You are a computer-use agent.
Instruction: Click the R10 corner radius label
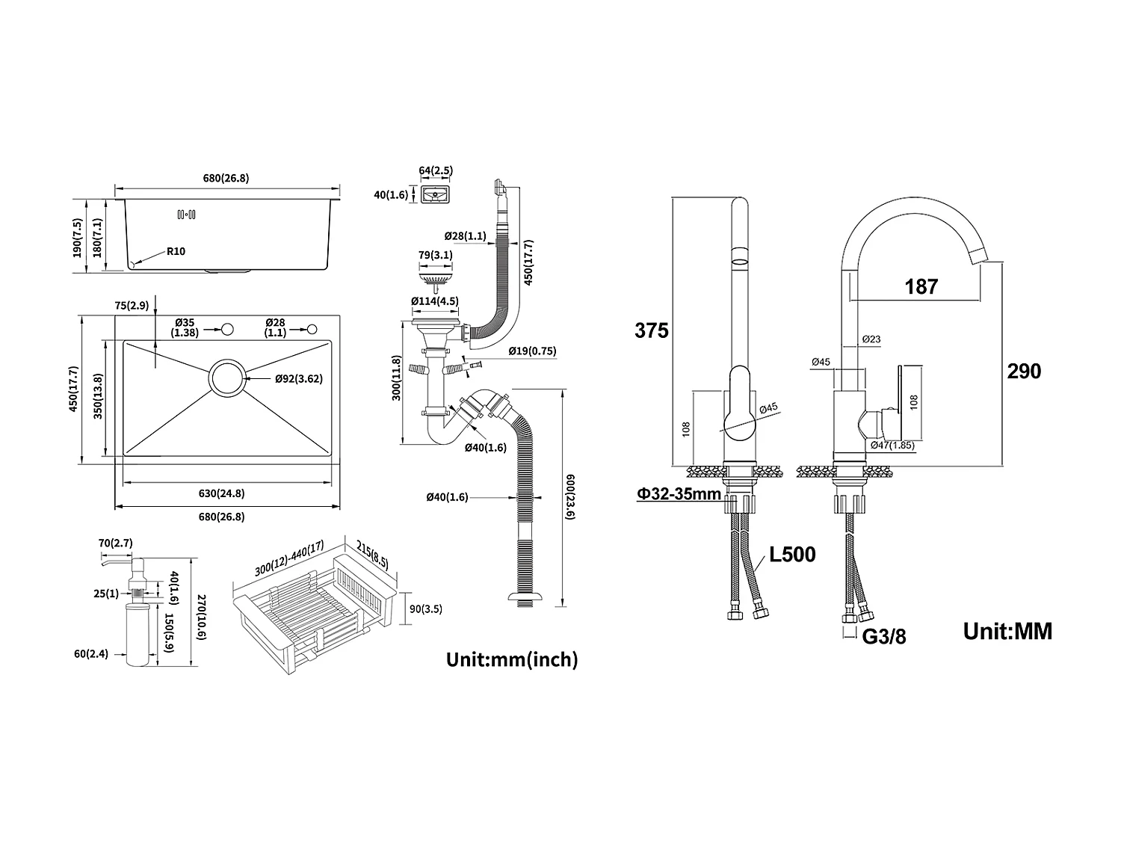[x=176, y=251]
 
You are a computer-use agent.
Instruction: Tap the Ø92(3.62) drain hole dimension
[x=298, y=379]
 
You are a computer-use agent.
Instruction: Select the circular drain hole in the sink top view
[x=226, y=378]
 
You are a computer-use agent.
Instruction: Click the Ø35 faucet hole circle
[x=226, y=328]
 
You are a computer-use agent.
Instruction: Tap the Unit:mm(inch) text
[x=512, y=659]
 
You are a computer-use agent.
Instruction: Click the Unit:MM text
[x=1007, y=632]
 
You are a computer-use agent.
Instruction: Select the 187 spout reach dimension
[x=921, y=286]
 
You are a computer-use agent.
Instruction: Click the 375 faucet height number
[x=652, y=330]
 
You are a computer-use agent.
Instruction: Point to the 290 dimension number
[x=1024, y=371]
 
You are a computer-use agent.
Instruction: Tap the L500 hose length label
[x=791, y=555]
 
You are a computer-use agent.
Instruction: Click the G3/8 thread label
[x=884, y=637]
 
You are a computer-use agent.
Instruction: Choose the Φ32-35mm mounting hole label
[x=679, y=494]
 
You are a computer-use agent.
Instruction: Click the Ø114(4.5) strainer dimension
[x=434, y=301]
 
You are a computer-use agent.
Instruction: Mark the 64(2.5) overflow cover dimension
[x=436, y=170]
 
